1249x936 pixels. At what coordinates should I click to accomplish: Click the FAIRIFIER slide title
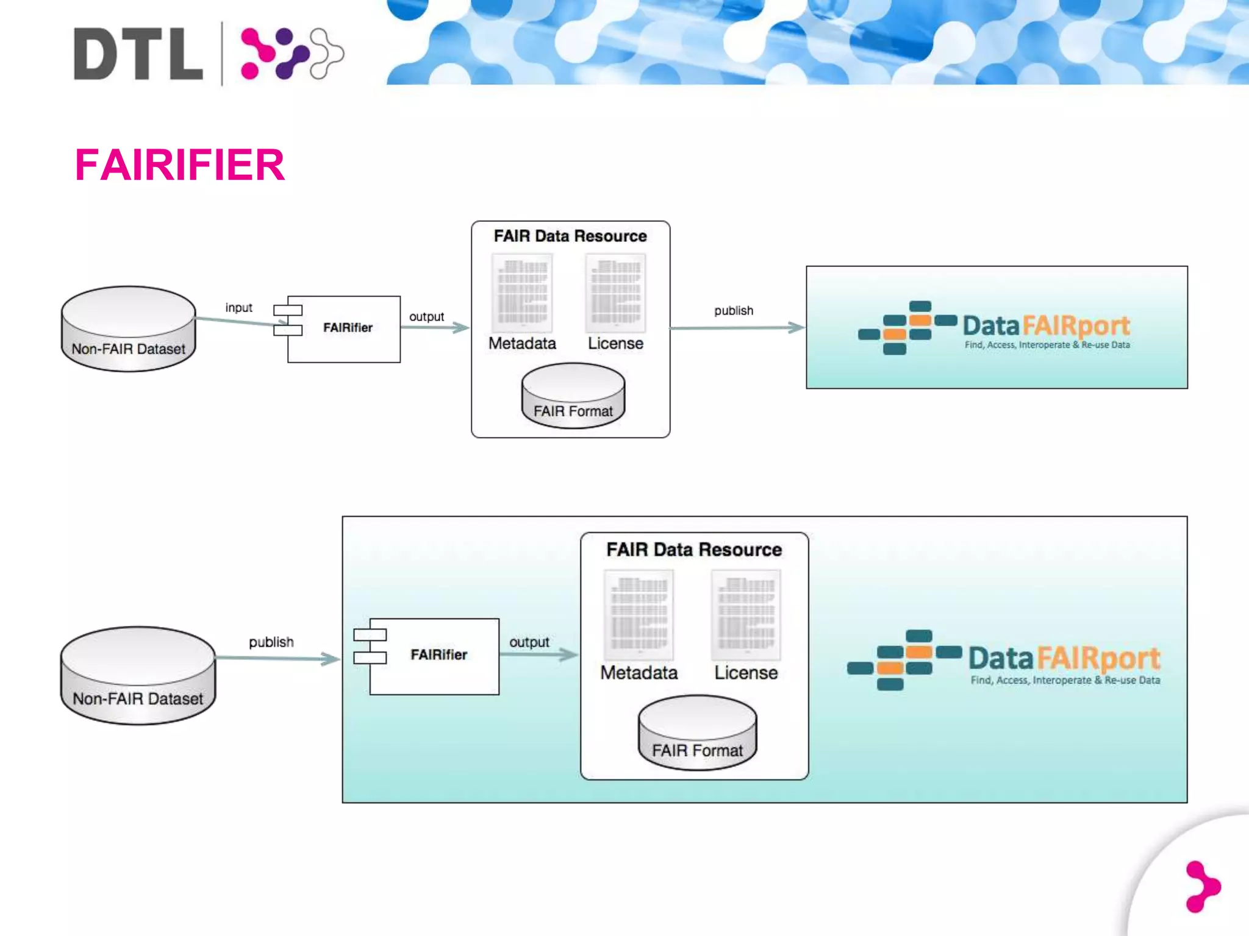click(179, 165)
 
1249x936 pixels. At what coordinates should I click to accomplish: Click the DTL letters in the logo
click(138, 54)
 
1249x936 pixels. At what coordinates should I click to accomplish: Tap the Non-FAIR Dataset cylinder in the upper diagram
click(129, 328)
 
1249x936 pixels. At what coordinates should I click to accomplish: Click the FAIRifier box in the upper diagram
click(344, 328)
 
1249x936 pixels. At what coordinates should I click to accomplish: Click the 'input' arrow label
click(238, 308)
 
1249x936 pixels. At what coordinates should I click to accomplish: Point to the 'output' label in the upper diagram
click(426, 317)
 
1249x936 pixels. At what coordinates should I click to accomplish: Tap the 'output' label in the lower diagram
click(529, 642)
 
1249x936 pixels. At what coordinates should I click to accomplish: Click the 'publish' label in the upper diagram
click(734, 311)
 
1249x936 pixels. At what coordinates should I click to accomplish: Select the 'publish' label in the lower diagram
click(271, 642)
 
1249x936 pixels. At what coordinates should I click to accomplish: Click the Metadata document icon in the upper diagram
click(522, 292)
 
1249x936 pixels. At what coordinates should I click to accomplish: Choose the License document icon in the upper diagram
click(615, 292)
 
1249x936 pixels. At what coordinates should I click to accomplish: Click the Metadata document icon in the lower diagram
click(639, 614)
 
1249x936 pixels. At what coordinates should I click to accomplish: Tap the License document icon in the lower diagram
click(746, 614)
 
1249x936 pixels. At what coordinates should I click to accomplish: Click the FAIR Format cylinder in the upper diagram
click(573, 395)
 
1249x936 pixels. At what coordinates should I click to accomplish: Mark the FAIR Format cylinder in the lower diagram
click(697, 732)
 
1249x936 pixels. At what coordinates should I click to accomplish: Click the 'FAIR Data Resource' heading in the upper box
click(570, 236)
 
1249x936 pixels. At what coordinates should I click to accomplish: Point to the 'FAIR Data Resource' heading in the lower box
click(694, 550)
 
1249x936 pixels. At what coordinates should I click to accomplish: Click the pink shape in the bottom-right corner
click(1202, 886)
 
